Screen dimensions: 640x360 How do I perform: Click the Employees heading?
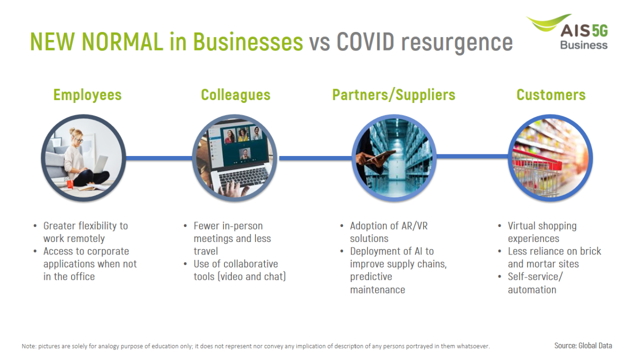[87, 95]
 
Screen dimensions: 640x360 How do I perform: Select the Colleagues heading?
[235, 95]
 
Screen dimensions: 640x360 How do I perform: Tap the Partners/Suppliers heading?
[393, 95]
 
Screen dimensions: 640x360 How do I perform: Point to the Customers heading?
[551, 95]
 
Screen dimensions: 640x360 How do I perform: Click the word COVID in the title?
[365, 41]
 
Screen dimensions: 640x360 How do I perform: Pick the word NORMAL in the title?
[122, 41]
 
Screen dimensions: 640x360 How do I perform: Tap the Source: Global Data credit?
[583, 345]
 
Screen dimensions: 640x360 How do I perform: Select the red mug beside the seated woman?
[70, 183]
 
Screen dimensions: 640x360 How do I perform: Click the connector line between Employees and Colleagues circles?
[159, 158]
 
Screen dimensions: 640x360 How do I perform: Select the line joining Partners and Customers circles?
[472, 156]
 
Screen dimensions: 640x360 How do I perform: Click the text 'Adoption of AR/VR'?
[388, 226]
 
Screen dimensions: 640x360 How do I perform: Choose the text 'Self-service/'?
[535, 276]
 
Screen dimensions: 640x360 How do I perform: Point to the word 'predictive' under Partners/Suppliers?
[371, 277]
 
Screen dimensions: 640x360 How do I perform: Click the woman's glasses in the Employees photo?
[79, 140]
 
